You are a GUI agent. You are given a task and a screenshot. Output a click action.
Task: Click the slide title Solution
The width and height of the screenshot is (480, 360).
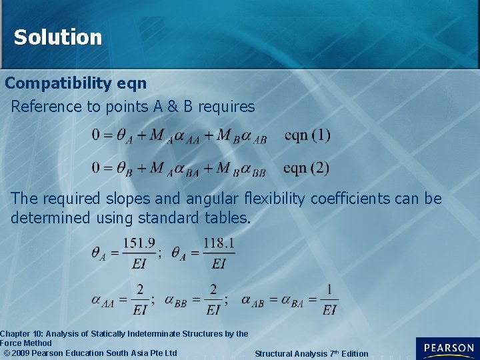coord(58,37)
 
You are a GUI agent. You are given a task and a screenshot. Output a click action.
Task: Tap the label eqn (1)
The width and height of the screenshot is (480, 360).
coord(307,135)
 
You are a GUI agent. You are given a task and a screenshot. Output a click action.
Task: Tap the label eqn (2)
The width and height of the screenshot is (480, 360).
coord(306,167)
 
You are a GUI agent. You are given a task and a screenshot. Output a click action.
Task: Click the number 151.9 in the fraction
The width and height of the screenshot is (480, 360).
coord(139,244)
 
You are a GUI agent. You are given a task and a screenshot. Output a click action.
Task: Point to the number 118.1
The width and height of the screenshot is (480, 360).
coord(219,244)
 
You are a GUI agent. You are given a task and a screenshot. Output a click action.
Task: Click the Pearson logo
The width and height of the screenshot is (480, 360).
coord(447,348)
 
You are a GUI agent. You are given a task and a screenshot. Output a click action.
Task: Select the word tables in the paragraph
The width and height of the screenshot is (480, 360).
coord(225,217)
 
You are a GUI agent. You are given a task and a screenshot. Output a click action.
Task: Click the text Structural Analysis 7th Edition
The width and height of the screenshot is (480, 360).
coord(311,353)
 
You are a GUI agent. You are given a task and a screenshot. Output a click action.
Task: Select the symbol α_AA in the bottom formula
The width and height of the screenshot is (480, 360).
coord(103,301)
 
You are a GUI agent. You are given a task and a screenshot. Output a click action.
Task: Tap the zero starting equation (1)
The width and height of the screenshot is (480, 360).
coord(97,135)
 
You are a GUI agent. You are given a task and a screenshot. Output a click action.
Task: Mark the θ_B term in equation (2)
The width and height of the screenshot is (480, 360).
coord(124,169)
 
